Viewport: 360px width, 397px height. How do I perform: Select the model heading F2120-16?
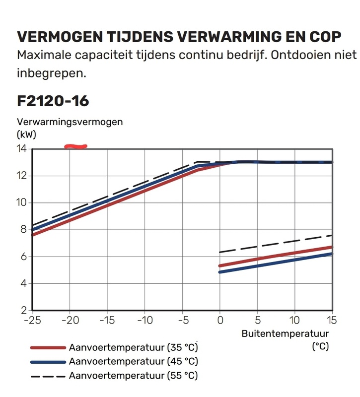point(53,101)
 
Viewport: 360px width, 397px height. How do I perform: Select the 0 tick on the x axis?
point(220,320)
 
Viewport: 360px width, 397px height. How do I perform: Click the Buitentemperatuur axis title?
point(285,333)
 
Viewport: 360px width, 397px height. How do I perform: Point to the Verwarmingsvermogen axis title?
point(70,122)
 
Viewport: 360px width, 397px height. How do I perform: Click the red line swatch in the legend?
point(48,347)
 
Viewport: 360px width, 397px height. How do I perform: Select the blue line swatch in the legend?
point(48,362)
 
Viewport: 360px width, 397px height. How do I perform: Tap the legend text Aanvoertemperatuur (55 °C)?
point(134,376)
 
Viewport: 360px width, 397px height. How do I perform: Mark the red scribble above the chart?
point(76,146)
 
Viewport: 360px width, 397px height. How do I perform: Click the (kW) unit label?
point(27,134)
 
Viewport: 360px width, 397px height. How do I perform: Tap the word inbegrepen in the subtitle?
point(52,73)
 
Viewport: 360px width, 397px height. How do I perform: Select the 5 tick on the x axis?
point(258,320)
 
